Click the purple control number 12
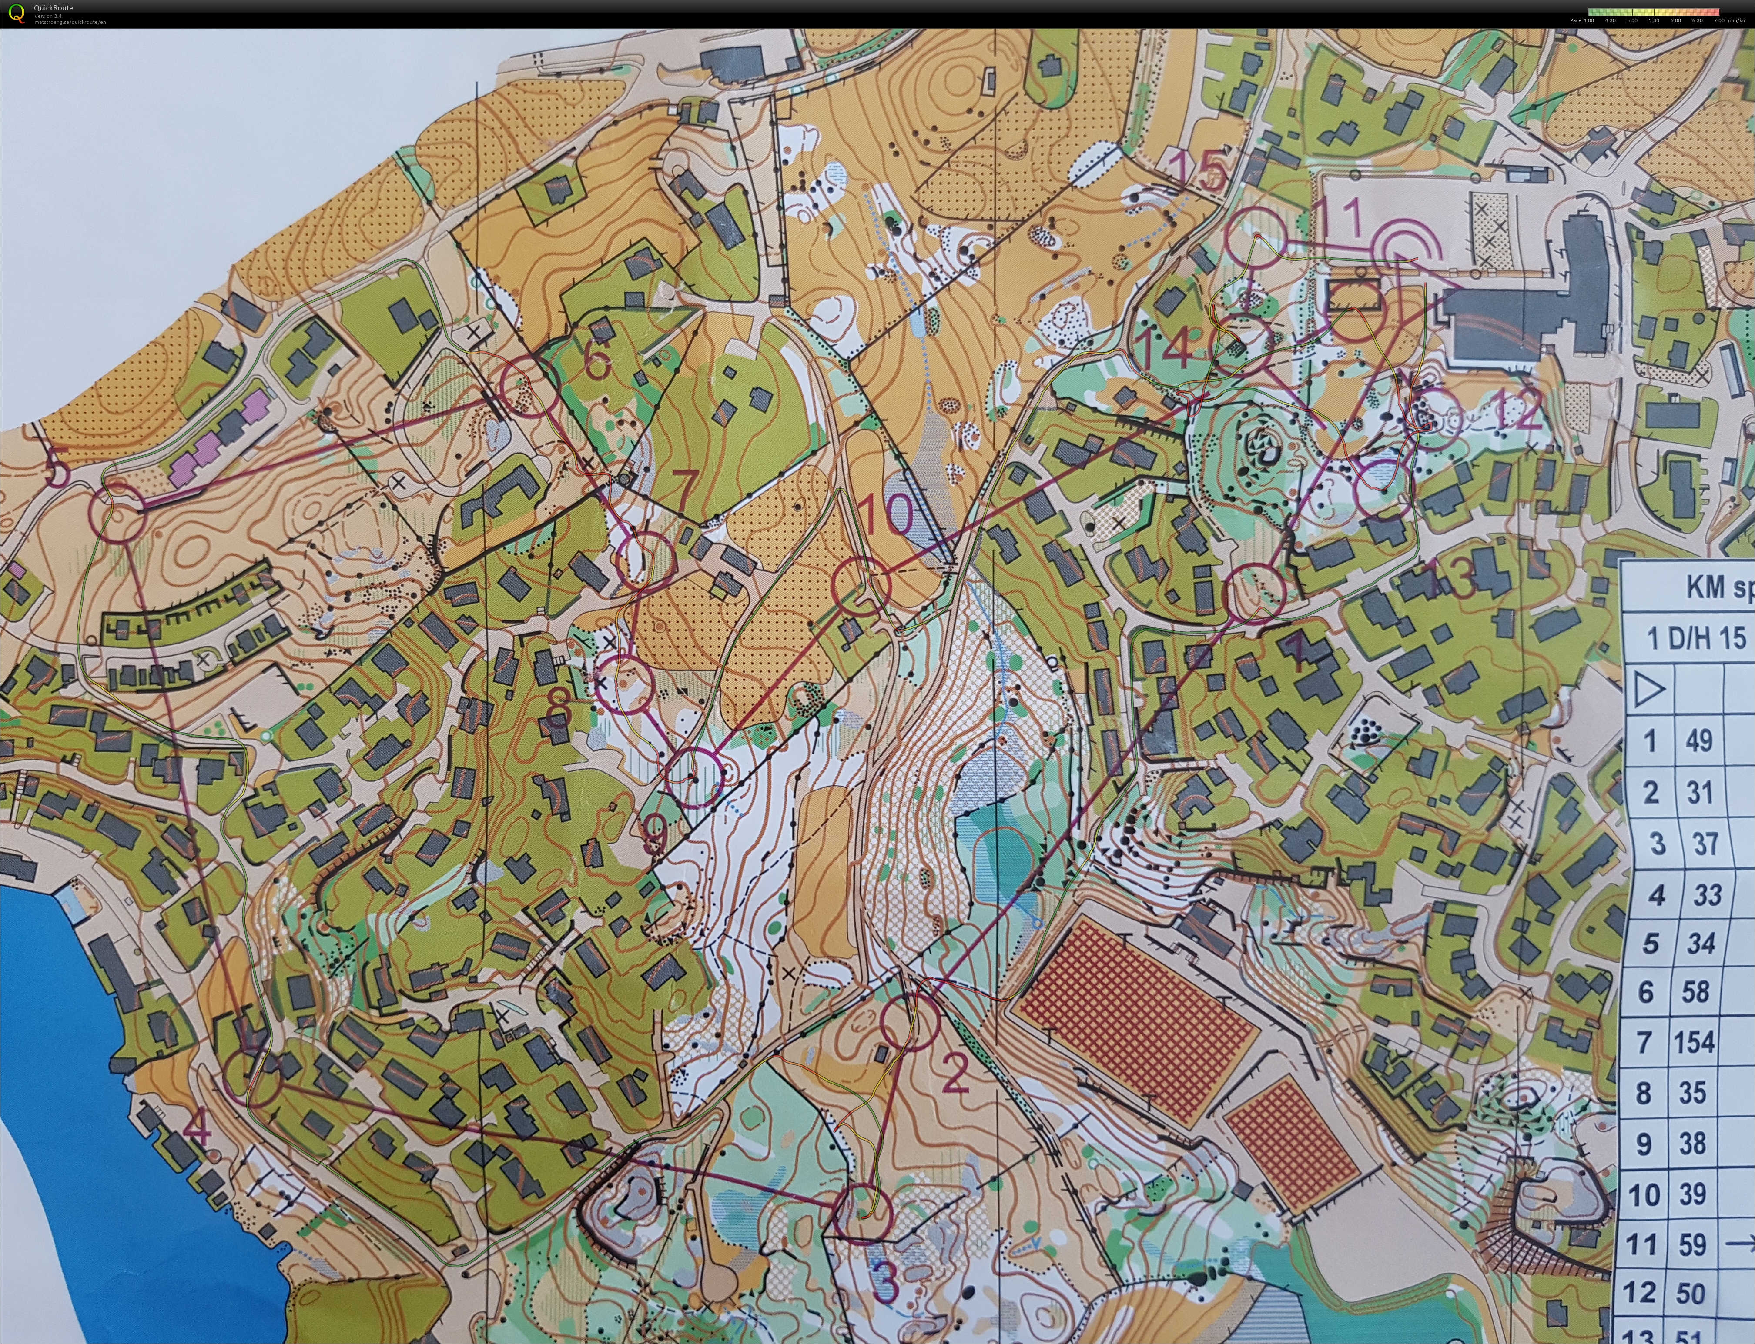1515,414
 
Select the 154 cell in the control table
1693,1042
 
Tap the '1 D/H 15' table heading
1695,637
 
